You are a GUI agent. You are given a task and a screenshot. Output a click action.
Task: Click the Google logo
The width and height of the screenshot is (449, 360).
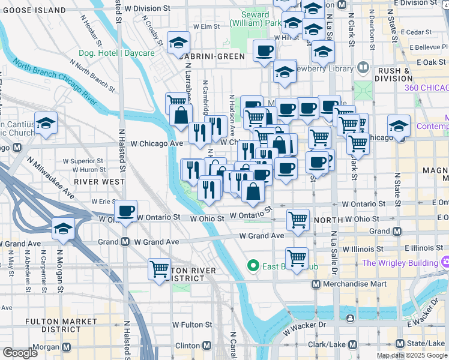click(20, 353)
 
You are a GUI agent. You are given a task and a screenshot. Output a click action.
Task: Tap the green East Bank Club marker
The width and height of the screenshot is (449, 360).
click(253, 265)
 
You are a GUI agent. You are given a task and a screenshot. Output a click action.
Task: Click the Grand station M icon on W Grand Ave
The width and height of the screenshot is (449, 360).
click(125, 242)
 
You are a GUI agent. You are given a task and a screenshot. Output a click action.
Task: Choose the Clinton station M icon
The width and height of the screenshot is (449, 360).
click(206, 346)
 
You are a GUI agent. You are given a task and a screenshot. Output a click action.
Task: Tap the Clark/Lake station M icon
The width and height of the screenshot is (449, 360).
click(353, 344)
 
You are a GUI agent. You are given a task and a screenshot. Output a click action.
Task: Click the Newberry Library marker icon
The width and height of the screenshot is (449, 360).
click(363, 68)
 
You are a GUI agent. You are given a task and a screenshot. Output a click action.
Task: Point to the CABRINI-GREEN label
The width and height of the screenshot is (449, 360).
click(210, 56)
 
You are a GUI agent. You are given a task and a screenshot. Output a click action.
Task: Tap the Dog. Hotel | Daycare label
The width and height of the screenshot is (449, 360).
click(116, 53)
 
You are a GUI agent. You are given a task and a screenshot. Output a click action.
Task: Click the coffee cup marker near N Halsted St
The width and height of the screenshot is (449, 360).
click(125, 211)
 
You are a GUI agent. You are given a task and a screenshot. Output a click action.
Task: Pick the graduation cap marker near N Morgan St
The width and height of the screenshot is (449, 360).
click(62, 229)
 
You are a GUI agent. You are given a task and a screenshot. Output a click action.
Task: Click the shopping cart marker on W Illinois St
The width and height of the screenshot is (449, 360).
click(297, 257)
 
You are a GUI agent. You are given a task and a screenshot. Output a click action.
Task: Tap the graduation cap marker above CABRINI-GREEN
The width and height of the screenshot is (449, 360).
click(178, 42)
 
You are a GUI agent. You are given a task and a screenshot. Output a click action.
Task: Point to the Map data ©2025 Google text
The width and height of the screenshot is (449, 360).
click(412, 355)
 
